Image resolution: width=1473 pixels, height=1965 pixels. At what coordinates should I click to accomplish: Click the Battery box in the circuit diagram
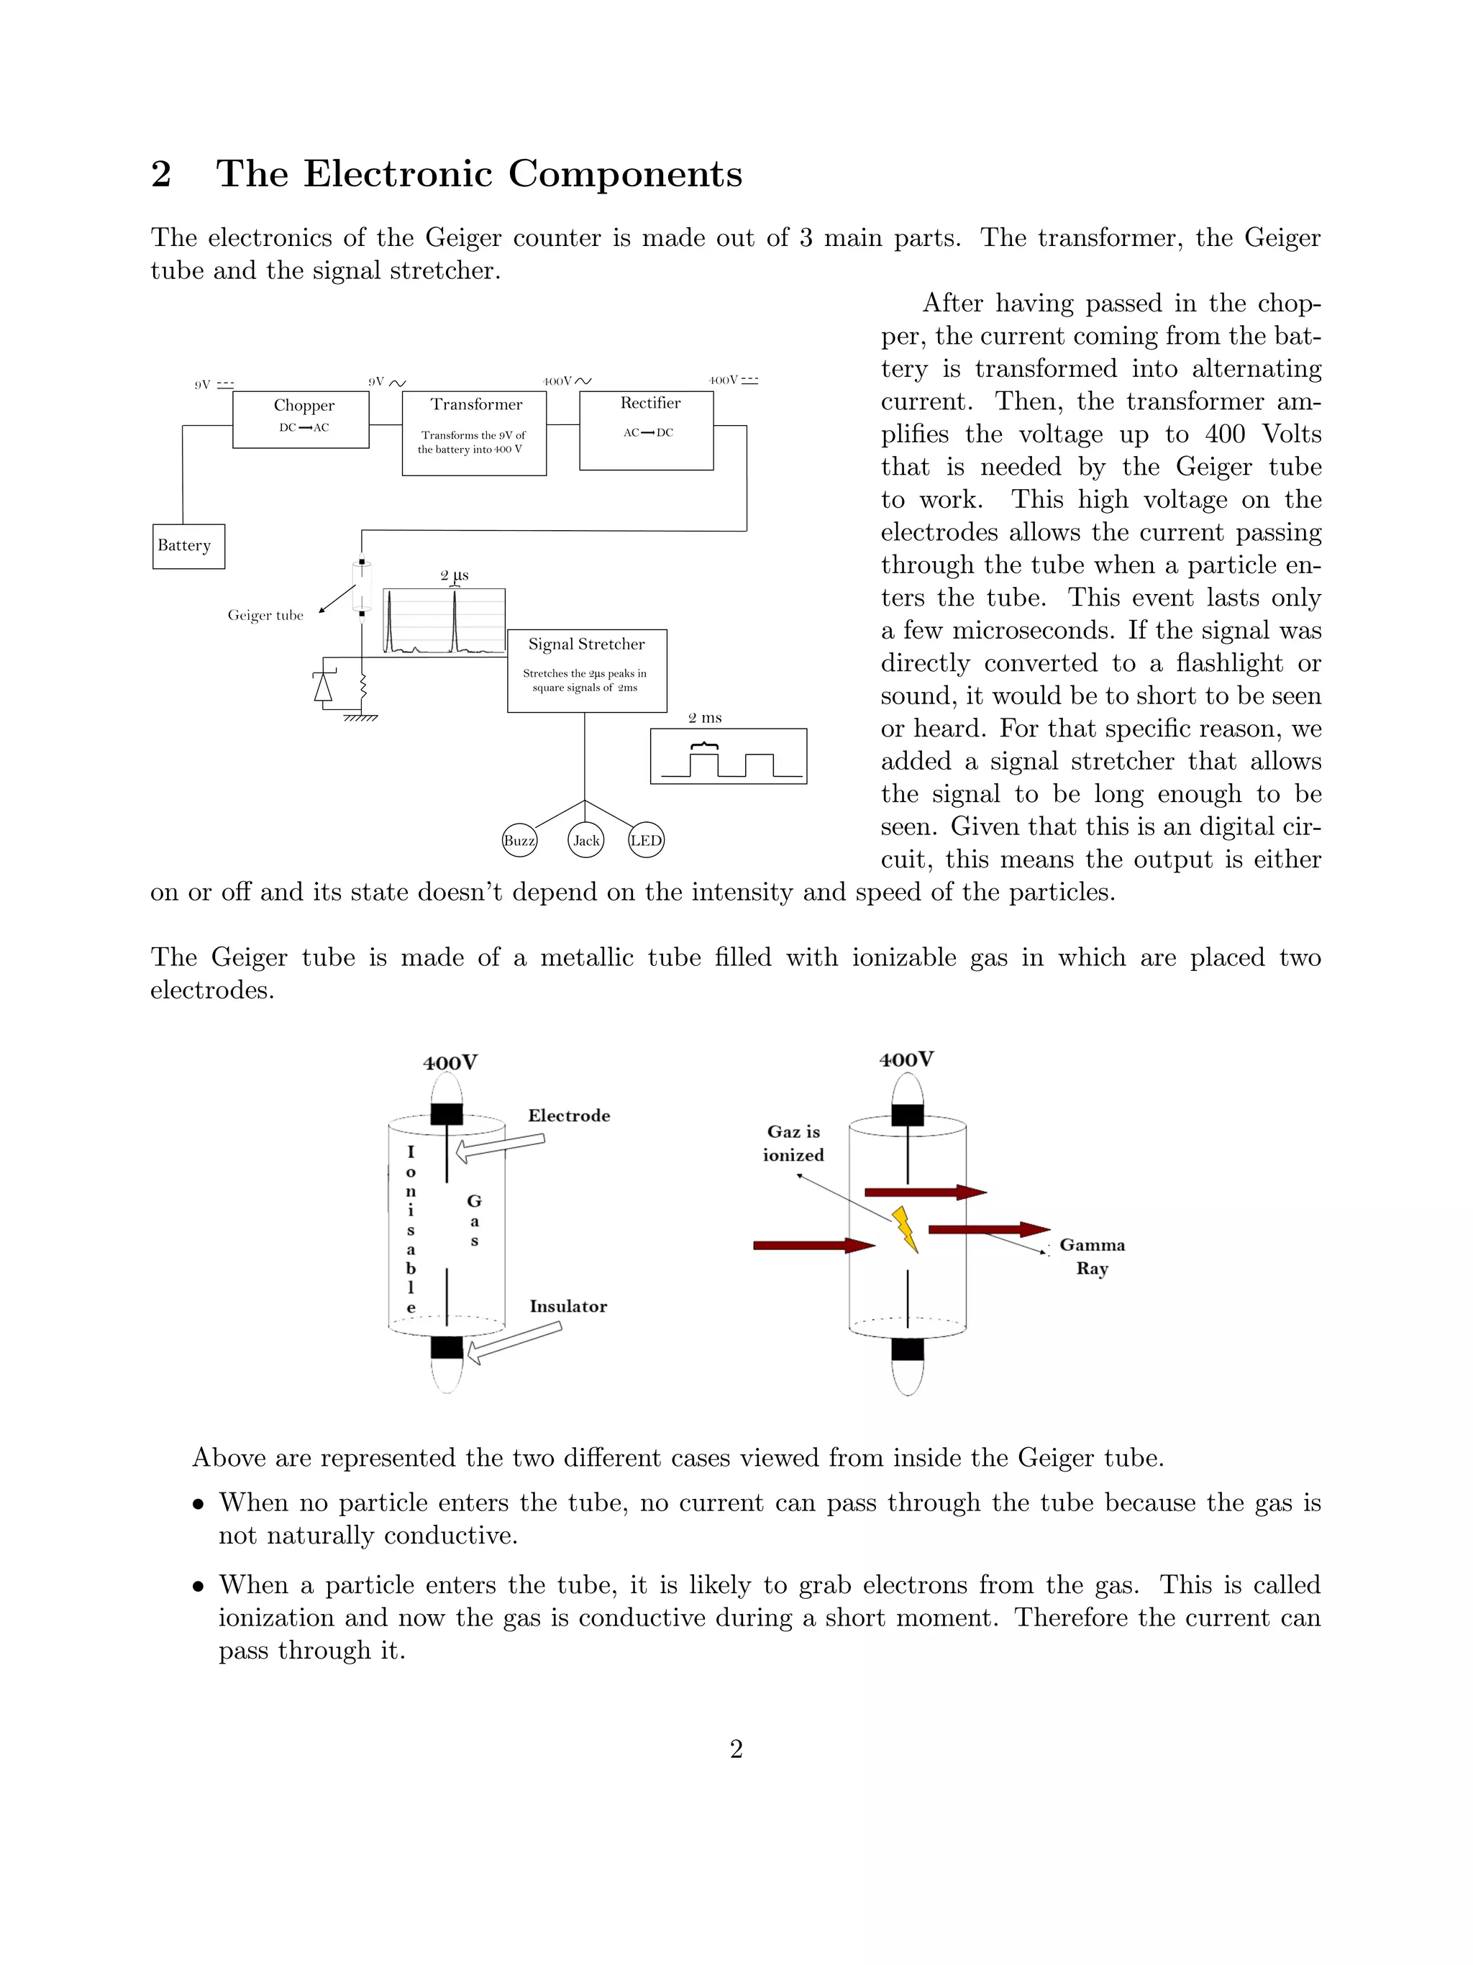[188, 545]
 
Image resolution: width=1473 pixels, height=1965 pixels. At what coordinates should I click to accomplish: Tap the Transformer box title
[476, 404]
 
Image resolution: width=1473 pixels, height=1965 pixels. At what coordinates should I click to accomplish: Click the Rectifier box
[646, 430]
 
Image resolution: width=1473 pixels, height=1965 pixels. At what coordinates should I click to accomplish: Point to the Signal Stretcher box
[586, 670]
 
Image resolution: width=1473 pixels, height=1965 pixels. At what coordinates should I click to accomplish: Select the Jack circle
[585, 840]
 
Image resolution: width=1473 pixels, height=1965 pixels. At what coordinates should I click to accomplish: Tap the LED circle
[646, 840]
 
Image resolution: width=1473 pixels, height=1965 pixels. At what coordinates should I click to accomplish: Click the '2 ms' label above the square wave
[705, 718]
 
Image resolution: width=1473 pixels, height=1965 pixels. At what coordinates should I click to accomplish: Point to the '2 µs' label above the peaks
[454, 575]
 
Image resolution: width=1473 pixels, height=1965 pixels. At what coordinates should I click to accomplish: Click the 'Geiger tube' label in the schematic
[265, 615]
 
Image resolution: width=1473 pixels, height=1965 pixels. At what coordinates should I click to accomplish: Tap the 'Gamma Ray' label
[1092, 1256]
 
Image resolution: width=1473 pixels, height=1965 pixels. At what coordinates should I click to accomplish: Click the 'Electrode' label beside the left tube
[569, 1116]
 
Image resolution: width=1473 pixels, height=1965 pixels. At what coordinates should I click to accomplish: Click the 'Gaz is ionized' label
[793, 1144]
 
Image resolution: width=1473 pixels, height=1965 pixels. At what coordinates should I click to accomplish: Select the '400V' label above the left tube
[450, 1062]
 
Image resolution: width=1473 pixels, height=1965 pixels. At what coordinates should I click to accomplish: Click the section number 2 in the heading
[161, 173]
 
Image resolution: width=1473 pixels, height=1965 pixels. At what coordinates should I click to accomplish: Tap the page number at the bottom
[736, 1749]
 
